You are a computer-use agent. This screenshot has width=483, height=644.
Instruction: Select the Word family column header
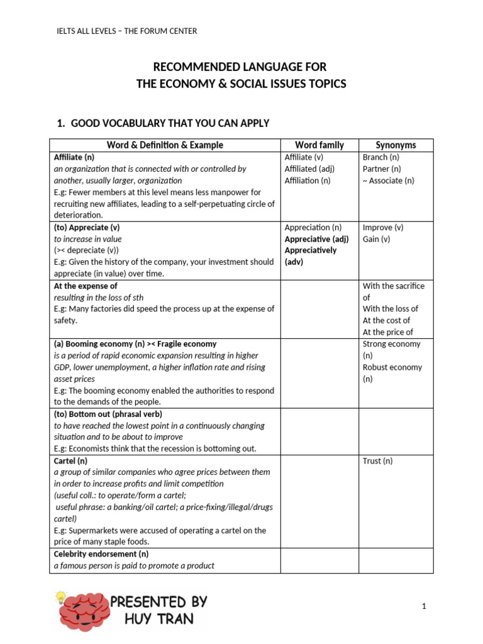tap(319, 145)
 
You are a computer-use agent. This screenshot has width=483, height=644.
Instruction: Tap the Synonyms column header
tap(396, 145)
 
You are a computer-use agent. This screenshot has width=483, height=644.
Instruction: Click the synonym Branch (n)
tap(381, 157)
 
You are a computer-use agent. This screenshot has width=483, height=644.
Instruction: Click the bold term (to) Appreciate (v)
tap(91, 227)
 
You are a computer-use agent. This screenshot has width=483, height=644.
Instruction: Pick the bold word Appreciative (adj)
tap(316, 239)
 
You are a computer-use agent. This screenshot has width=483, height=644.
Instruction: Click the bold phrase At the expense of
tap(86, 286)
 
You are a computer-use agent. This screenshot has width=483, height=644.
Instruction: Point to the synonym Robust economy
tap(392, 367)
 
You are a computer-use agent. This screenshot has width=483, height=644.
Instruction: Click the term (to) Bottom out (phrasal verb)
tap(108, 414)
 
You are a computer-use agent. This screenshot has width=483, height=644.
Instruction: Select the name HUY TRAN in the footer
tap(158, 619)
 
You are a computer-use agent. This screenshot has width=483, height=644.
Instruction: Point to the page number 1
tap(425, 606)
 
